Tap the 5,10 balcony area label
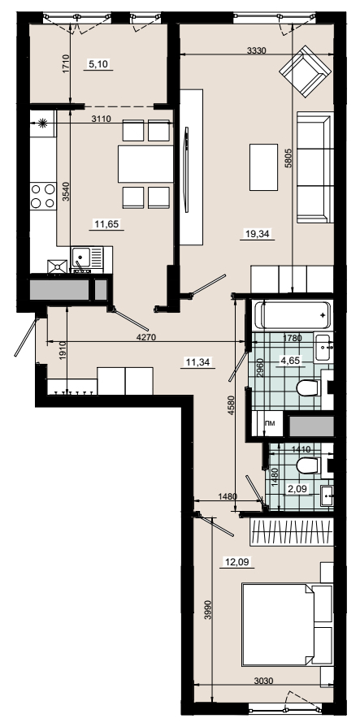point(98,64)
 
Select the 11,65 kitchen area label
point(107,225)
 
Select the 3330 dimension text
point(256,51)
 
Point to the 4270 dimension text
point(147,338)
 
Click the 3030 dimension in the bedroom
point(263,681)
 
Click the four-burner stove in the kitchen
point(43,196)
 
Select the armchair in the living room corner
point(306,71)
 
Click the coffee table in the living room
point(263,167)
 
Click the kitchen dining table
point(145,163)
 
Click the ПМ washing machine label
point(269,423)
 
